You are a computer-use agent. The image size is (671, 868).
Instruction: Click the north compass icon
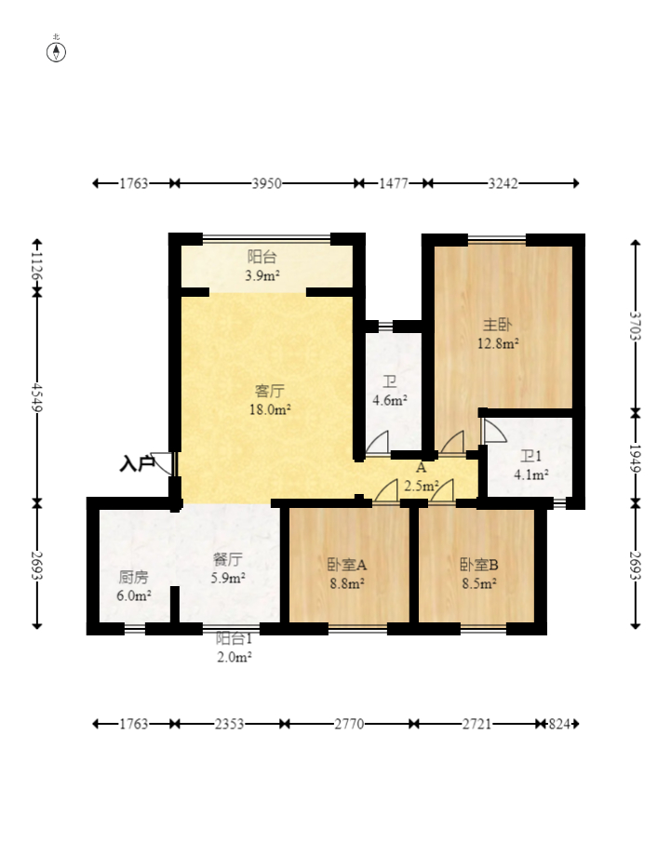click(56, 50)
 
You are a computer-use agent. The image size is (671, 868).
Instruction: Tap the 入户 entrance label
click(137, 463)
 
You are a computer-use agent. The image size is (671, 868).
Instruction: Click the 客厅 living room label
click(270, 391)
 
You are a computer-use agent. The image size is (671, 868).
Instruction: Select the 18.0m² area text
click(270, 409)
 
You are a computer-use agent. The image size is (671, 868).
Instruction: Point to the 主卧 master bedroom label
click(498, 325)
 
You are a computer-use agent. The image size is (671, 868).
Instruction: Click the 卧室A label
click(347, 565)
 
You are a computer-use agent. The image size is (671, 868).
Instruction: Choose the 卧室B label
click(479, 565)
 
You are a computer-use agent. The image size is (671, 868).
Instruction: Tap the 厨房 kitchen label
click(133, 578)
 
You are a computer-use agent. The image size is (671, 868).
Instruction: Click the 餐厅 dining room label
click(227, 560)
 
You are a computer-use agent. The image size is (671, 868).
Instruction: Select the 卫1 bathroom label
click(530, 456)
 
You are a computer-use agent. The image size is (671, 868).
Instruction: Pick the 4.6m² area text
click(390, 400)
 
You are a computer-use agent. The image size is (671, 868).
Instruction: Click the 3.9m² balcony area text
click(262, 275)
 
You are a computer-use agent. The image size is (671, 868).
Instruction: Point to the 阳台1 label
click(234, 638)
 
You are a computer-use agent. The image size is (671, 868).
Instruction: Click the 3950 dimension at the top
click(267, 183)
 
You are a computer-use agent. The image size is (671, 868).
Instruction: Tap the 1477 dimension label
click(394, 183)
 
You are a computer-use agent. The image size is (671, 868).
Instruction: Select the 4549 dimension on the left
click(36, 397)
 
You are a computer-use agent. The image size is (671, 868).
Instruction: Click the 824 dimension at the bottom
click(558, 724)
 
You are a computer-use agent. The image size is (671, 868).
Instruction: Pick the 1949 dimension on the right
click(635, 459)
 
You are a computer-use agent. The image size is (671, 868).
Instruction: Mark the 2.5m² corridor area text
click(422, 486)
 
